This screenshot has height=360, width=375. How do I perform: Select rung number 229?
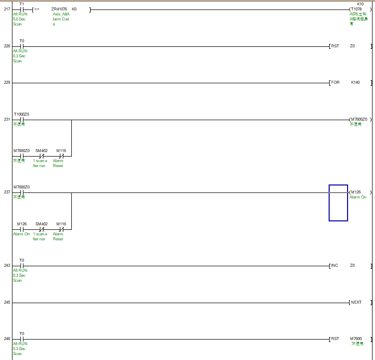click(7, 83)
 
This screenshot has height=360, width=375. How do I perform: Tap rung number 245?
click(7, 303)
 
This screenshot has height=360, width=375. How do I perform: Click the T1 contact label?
click(21, 4)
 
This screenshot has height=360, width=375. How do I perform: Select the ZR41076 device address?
click(59, 9)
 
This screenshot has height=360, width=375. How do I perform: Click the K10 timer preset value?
click(360, 4)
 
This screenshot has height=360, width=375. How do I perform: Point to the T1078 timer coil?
click(357, 9)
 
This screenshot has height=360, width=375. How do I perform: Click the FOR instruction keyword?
click(335, 83)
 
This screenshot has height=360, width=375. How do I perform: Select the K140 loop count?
click(356, 83)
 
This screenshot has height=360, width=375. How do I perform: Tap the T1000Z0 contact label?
click(21, 114)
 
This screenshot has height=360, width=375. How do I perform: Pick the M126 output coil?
click(356, 192)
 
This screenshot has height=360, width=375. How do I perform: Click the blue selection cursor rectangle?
click(338, 203)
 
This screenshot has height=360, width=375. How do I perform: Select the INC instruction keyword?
click(335, 266)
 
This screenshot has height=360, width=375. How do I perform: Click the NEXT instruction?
click(356, 303)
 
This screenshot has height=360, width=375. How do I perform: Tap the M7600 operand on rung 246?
click(356, 339)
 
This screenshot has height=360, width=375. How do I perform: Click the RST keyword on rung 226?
click(335, 46)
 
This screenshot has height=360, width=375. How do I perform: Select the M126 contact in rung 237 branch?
click(21, 224)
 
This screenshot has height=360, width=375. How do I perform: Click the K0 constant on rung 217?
click(74, 9)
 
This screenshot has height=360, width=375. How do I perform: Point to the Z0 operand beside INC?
click(353, 266)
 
